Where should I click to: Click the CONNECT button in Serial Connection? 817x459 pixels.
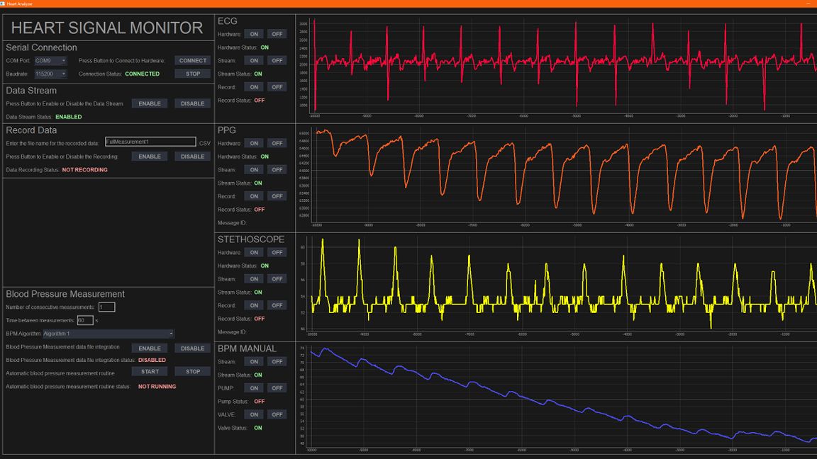click(193, 61)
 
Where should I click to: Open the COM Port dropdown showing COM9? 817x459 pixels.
click(50, 61)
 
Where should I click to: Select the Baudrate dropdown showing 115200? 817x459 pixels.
click(50, 74)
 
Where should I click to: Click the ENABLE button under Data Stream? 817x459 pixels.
click(150, 103)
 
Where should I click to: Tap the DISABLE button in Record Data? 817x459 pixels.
click(193, 157)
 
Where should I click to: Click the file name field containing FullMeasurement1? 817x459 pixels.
click(150, 142)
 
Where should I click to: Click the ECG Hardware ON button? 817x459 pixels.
click(254, 34)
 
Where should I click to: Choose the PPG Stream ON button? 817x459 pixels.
click(254, 170)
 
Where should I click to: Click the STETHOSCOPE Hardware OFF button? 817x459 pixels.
click(277, 252)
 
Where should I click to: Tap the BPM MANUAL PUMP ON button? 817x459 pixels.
click(254, 388)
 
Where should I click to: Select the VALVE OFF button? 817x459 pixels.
click(277, 414)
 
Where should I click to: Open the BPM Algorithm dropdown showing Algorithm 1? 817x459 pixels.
click(109, 334)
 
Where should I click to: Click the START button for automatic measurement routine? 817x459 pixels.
click(150, 371)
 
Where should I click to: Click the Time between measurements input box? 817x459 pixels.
click(85, 320)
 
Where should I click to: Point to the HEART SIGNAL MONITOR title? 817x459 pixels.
click(107, 28)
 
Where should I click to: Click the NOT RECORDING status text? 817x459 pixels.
click(85, 170)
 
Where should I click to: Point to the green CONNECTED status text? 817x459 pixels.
click(143, 74)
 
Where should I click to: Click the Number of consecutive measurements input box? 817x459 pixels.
click(106, 307)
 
